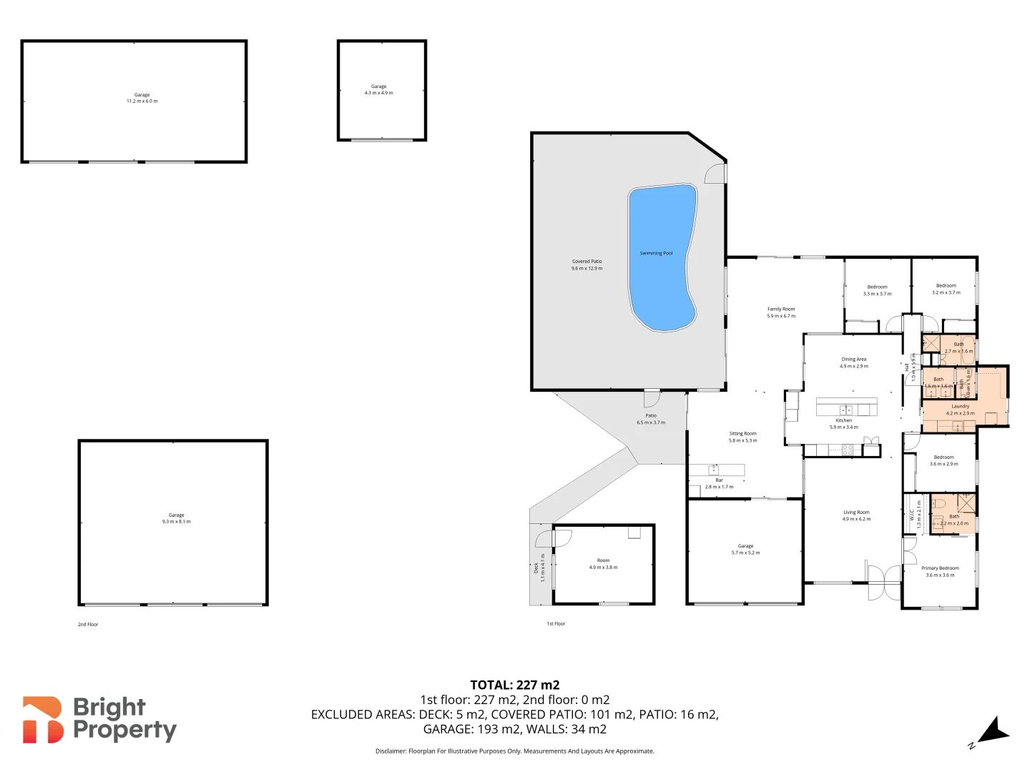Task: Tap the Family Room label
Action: coord(781,312)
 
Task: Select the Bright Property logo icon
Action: coord(43,720)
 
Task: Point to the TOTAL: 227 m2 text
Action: coord(514,685)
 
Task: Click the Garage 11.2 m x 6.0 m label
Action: coord(142,98)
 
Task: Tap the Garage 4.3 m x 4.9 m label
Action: coord(378,89)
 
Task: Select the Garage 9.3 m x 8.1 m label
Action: coord(176,518)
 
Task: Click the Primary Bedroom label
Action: coord(940,571)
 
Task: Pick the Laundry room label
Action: coord(960,410)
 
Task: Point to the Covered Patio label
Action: coord(587,264)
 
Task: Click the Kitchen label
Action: coord(844,424)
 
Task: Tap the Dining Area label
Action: coord(853,362)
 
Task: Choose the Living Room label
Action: coord(856,515)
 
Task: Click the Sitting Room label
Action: coord(742,437)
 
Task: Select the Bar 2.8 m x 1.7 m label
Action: coord(719,483)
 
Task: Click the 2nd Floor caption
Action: coord(88,624)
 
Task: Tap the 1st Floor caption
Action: coord(556,623)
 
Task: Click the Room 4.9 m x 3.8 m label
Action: coord(603,564)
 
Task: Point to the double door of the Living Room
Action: coord(883,582)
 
